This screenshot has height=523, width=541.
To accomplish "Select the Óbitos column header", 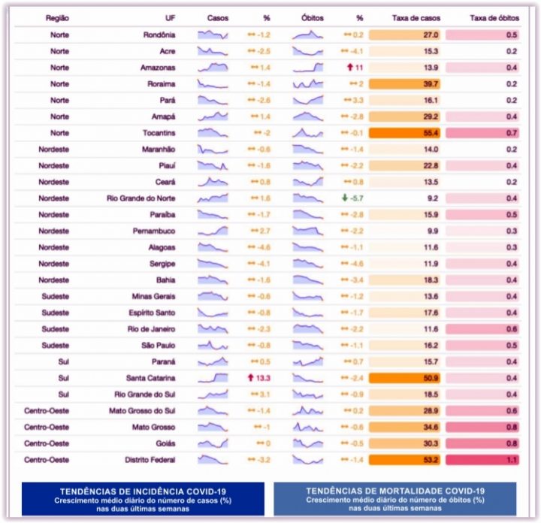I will (307, 17).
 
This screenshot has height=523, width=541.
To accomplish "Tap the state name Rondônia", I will (159, 35).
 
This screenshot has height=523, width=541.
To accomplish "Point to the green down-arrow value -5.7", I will (352, 198).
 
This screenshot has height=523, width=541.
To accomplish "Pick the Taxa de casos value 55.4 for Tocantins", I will (431, 133).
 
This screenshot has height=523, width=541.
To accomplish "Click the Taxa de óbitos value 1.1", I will (511, 460).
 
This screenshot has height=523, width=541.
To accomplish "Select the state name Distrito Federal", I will (150, 460).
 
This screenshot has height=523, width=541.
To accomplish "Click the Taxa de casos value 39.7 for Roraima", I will (431, 84).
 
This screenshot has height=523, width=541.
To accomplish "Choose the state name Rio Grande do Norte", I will (141, 198).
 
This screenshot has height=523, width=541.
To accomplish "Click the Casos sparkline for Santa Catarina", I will (213, 378).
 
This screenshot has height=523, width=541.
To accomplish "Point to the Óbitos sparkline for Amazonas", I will (308, 68).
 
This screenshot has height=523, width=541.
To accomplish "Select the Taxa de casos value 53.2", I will (431, 460).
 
